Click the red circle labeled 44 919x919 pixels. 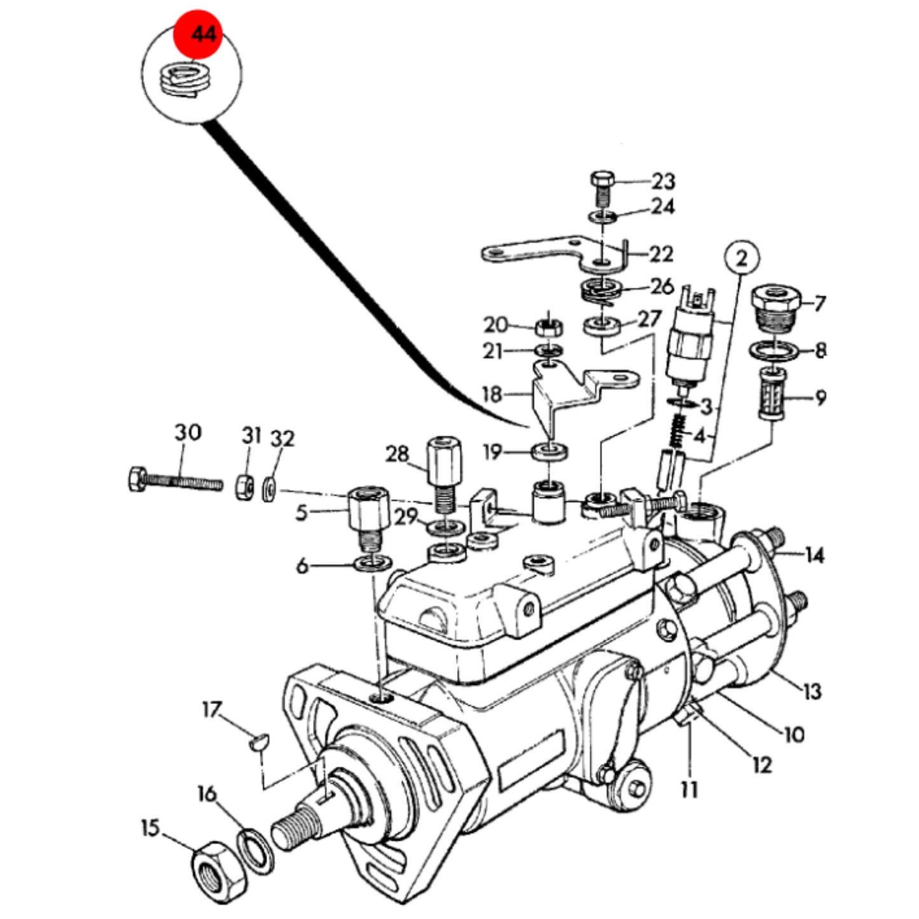click(197, 35)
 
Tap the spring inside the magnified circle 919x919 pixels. click(184, 80)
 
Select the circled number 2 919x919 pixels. click(742, 259)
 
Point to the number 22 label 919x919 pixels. click(661, 254)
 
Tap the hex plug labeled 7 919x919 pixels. click(775, 308)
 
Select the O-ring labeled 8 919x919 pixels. click(775, 352)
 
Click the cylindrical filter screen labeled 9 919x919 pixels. click(771, 393)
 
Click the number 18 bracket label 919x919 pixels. click(492, 394)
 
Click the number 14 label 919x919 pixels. click(815, 555)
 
